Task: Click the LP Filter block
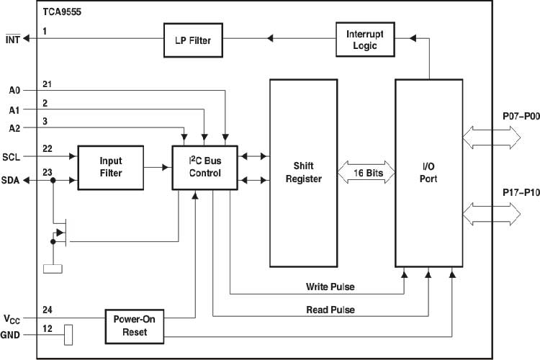click(x=192, y=40)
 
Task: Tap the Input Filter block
click(x=110, y=168)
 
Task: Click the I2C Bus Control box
click(x=205, y=167)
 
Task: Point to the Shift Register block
click(x=304, y=173)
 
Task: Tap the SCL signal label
click(x=12, y=156)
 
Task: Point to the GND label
click(x=12, y=335)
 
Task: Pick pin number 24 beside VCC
click(x=47, y=311)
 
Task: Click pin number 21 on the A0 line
click(x=47, y=85)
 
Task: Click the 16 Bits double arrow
click(x=369, y=173)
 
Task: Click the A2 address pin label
click(x=14, y=128)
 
